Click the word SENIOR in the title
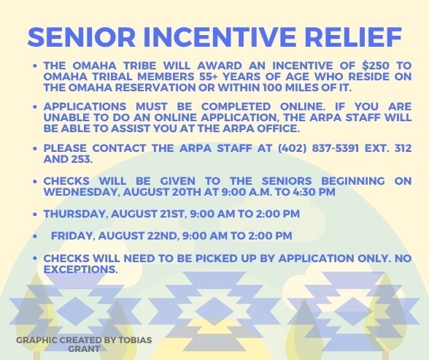tap(82, 37)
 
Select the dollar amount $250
tap(375, 66)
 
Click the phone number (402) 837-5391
tap(318, 148)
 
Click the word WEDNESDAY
tap(81, 192)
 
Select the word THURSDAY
tap(74, 214)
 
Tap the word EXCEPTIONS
tap(80, 269)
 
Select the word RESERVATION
tap(155, 88)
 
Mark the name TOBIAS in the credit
tap(135, 340)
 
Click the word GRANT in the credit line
tap(84, 349)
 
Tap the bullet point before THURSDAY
tap(35, 214)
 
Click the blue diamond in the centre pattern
tap(214, 311)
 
